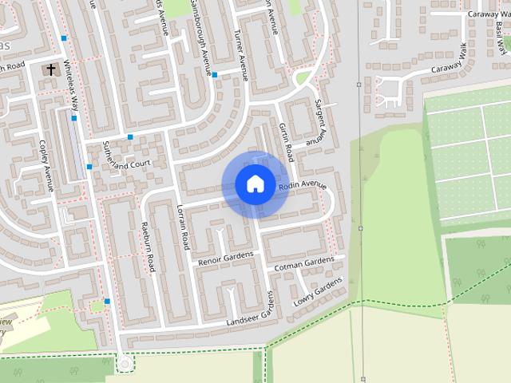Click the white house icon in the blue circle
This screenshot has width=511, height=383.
(255, 184)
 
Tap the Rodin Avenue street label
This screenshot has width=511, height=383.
(303, 187)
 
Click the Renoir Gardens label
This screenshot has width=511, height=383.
(225, 258)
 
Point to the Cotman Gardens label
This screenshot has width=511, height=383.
(303, 263)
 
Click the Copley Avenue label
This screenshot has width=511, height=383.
(45, 166)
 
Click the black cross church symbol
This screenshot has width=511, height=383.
(51, 70)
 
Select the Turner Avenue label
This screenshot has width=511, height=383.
(241, 56)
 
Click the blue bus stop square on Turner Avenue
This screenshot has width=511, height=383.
(215, 75)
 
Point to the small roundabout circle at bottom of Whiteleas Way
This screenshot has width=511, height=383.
(124, 364)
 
